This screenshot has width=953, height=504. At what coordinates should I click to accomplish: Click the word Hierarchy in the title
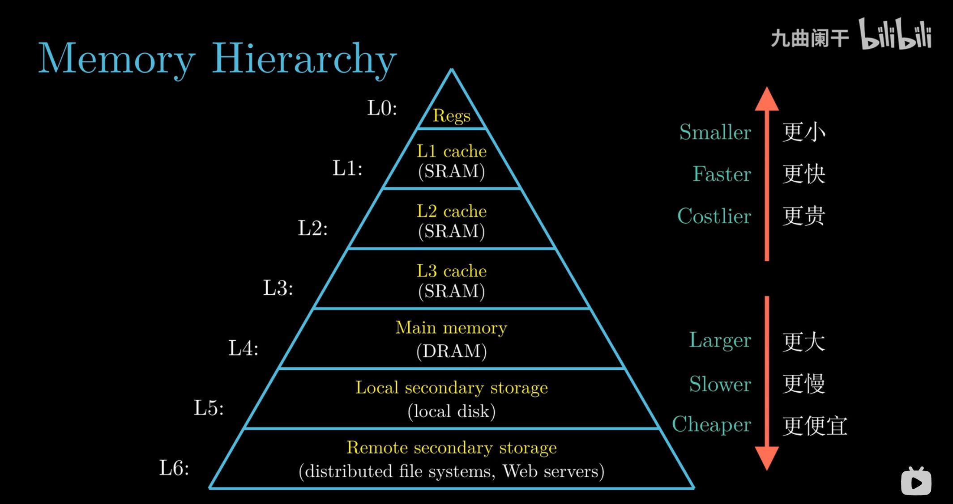pyautogui.click(x=304, y=59)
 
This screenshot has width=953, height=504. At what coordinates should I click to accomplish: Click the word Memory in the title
pyautogui.click(x=116, y=59)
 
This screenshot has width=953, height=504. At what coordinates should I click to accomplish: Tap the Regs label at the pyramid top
pyautogui.click(x=451, y=116)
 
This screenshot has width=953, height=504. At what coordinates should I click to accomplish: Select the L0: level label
pyautogui.click(x=382, y=108)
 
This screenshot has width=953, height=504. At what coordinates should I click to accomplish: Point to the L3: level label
pyautogui.click(x=278, y=288)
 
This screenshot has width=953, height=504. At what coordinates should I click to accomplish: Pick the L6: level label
pyautogui.click(x=174, y=468)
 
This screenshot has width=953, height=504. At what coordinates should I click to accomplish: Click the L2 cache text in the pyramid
pyautogui.click(x=451, y=211)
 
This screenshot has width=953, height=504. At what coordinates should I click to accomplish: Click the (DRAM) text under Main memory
pyautogui.click(x=451, y=351)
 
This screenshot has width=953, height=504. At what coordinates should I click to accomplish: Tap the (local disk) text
pyautogui.click(x=451, y=411)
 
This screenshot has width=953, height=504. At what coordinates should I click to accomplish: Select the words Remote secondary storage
pyautogui.click(x=451, y=448)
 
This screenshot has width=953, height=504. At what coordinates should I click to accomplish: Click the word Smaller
pyautogui.click(x=715, y=132)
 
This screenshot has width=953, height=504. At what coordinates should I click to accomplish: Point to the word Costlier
pyautogui.click(x=714, y=216)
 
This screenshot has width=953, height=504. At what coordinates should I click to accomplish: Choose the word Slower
pyautogui.click(x=720, y=384)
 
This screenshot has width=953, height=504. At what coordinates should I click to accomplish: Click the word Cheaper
pyautogui.click(x=711, y=424)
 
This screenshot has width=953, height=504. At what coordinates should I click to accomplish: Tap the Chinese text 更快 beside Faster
pyautogui.click(x=803, y=174)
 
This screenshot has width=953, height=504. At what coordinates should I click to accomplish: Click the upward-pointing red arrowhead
pyautogui.click(x=766, y=99)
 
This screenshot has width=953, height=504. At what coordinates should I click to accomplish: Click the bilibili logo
pyautogui.click(x=895, y=34)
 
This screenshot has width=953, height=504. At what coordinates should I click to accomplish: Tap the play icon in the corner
pyautogui.click(x=916, y=482)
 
